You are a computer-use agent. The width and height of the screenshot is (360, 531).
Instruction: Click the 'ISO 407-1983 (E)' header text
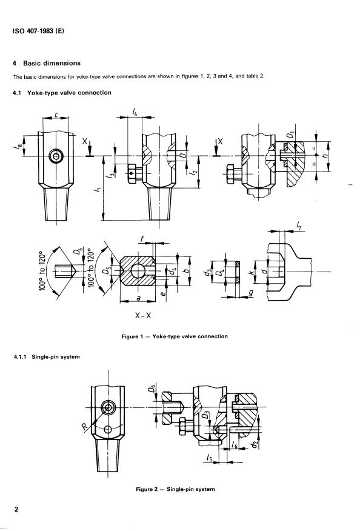[38, 32]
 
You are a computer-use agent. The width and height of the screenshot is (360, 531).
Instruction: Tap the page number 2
[16, 509]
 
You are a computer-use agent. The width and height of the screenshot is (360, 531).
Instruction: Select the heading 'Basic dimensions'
[52, 63]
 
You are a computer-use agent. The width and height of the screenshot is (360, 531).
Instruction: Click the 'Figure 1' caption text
[175, 336]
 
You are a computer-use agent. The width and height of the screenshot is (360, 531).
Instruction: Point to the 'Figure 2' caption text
[175, 489]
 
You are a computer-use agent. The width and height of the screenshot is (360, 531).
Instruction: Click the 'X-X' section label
[143, 316]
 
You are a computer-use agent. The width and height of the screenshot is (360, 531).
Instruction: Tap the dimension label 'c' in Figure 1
[57, 115]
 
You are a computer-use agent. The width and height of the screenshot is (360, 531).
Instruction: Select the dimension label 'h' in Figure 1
[325, 156]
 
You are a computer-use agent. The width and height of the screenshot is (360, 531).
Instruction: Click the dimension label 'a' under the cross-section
[138, 298]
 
